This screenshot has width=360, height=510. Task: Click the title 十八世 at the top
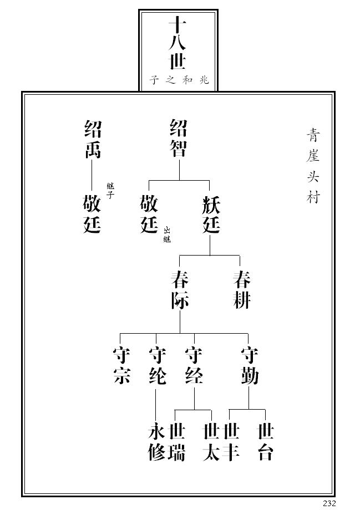[x=177, y=43]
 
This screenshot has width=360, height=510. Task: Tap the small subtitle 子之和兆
[x=179, y=80]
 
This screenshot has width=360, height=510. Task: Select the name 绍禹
[x=92, y=139]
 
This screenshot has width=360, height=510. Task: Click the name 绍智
[x=178, y=138]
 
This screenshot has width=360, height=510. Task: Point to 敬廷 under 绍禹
[x=92, y=214]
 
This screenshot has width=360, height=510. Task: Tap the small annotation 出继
[x=166, y=235]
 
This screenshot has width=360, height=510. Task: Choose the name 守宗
[x=121, y=366]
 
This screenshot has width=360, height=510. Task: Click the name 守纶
[x=158, y=366]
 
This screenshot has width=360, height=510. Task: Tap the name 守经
[x=194, y=366]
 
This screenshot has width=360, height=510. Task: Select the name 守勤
[x=249, y=366]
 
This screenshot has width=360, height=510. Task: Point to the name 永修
[x=156, y=442]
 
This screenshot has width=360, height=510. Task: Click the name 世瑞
[x=176, y=442]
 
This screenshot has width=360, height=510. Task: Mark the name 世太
[x=211, y=442]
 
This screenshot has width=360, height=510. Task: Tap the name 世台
[x=265, y=442]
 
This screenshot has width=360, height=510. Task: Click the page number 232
[x=329, y=503]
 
